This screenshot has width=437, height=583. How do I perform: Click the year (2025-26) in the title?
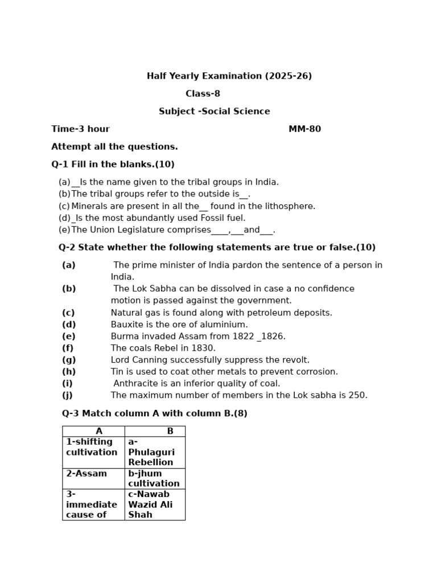pos(288,76)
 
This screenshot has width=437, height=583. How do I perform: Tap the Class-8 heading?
pos(203,94)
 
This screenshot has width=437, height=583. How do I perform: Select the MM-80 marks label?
pos(304,129)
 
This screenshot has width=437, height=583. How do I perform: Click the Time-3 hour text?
pos(80,129)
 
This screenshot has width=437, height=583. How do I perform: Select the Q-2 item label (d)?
pos(69,325)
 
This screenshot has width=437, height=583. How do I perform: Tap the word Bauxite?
pos(126,325)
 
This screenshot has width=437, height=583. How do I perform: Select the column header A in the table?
pos(99,432)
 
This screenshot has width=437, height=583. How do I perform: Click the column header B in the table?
pos(170,432)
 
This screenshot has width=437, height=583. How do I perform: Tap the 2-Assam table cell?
pos(86,474)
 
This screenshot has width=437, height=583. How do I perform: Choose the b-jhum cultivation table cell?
pos(154,479)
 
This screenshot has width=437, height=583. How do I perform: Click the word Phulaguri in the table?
pos(151,452)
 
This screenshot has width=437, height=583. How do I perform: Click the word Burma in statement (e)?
pos(125,336)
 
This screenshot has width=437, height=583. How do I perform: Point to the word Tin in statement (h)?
pos(118,372)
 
